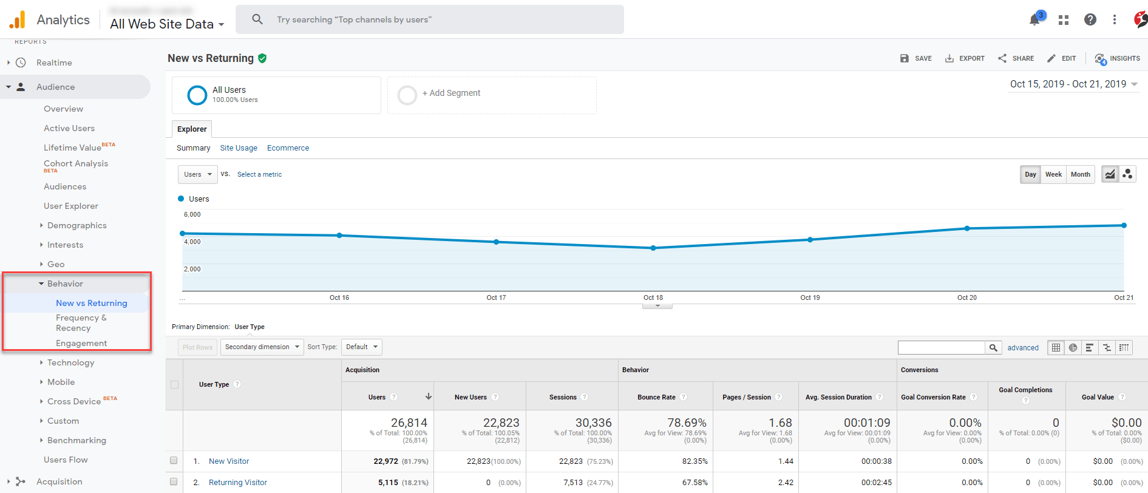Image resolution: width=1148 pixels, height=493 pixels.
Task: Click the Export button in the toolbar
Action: (x=965, y=58)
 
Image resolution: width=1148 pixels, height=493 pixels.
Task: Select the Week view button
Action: (x=1053, y=174)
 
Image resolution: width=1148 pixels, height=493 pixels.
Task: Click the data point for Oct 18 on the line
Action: (x=653, y=248)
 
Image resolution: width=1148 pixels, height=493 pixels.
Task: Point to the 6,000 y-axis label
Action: (x=192, y=214)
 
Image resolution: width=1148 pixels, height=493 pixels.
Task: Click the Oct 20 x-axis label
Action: (x=966, y=297)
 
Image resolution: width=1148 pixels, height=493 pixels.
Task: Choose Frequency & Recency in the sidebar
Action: (x=81, y=322)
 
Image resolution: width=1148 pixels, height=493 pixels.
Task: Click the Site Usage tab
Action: (x=239, y=148)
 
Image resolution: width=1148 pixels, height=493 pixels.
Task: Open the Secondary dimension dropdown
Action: (x=262, y=347)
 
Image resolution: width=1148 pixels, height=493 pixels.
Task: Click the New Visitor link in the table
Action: (x=229, y=461)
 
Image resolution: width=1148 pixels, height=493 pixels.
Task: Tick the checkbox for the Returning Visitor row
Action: (x=174, y=482)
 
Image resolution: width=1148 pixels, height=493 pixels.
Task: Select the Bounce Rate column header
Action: (x=656, y=397)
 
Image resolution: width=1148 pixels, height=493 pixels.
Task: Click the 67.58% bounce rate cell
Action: (x=695, y=483)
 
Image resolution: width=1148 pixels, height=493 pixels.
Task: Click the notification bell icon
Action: (x=1034, y=20)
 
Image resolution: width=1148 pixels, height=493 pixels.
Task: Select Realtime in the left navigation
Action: (x=54, y=63)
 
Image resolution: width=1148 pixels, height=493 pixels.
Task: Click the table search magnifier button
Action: (x=993, y=348)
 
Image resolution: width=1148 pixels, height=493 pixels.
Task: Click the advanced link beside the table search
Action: (x=1023, y=348)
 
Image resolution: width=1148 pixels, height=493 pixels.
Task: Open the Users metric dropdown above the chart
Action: (x=198, y=174)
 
